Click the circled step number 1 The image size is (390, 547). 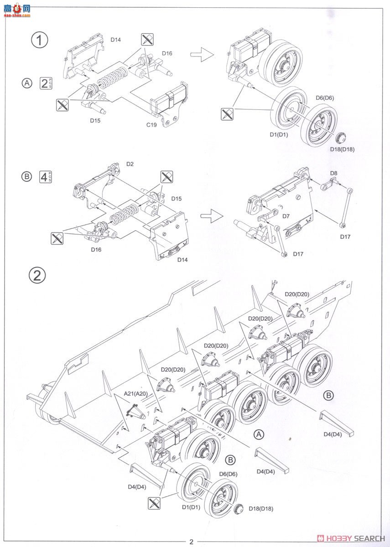(x=39, y=40)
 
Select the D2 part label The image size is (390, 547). (x=130, y=163)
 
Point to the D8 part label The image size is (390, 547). (x=333, y=173)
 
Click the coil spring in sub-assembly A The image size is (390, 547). (x=112, y=77)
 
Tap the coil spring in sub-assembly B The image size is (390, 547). (x=124, y=212)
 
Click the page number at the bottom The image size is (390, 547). (x=192, y=542)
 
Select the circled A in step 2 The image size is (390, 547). (x=259, y=434)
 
